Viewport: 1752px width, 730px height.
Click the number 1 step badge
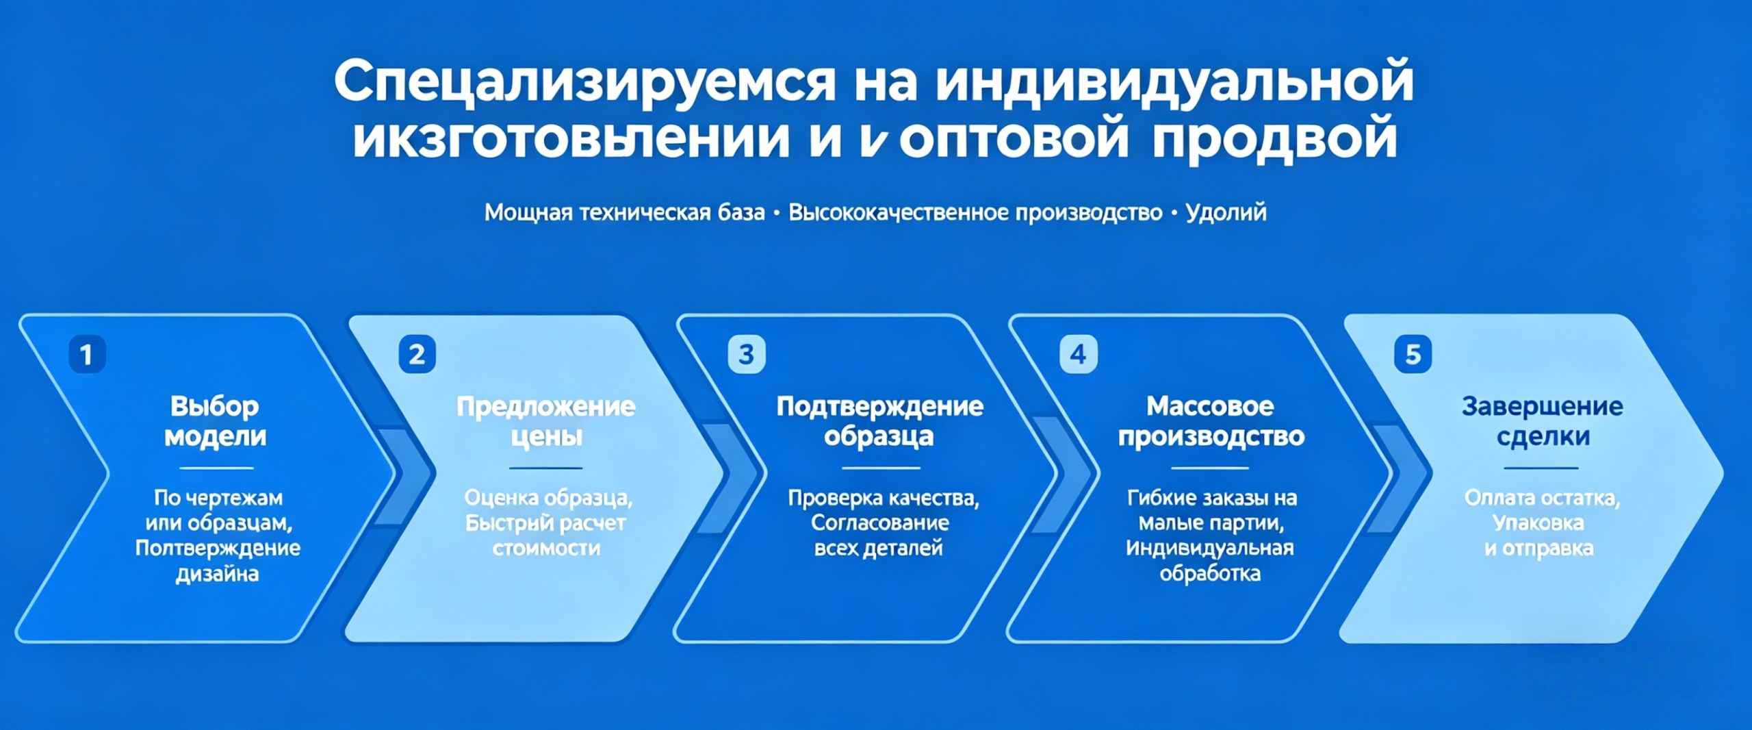(x=87, y=354)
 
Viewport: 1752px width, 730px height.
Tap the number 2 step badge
(x=417, y=354)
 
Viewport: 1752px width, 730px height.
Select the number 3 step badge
(x=746, y=354)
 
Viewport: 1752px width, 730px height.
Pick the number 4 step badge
(x=1078, y=354)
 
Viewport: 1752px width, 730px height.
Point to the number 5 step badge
(x=1413, y=354)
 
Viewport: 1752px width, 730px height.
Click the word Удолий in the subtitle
(x=1226, y=212)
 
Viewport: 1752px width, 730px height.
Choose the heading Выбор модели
(x=215, y=421)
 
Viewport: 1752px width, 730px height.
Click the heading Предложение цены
(x=545, y=421)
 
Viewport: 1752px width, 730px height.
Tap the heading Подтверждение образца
(x=879, y=421)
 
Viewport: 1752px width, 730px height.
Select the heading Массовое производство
(x=1211, y=421)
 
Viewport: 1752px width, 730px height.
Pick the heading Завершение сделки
(x=1542, y=421)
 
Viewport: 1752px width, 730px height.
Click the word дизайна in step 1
(x=217, y=573)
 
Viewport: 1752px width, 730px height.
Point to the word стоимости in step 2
(x=546, y=548)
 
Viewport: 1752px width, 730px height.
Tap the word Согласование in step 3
(x=879, y=523)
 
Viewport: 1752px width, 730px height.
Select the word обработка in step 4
(x=1210, y=573)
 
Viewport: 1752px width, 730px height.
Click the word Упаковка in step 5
(x=1538, y=523)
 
